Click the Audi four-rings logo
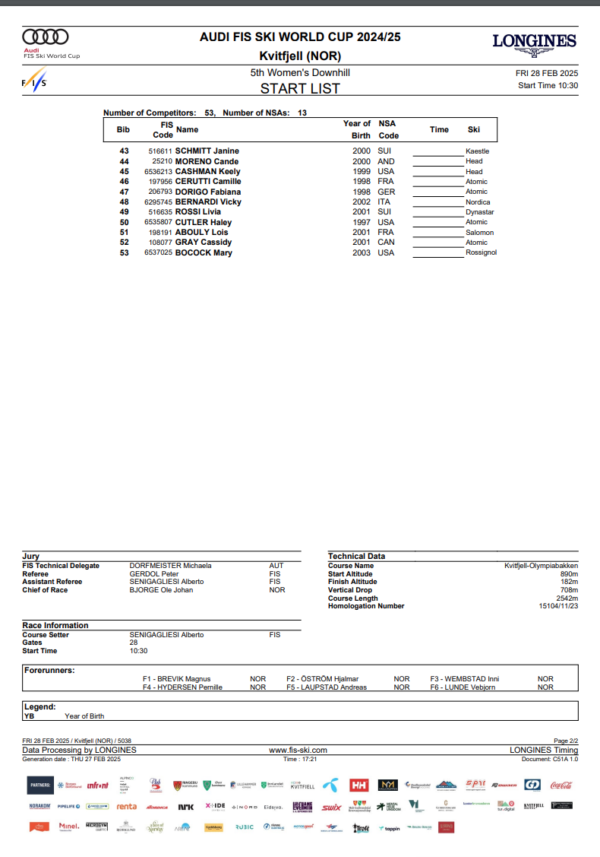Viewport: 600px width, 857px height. [46, 37]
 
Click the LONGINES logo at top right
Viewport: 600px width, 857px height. [534, 43]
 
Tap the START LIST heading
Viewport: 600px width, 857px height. [300, 88]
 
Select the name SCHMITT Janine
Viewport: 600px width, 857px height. [207, 151]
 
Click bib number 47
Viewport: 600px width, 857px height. [125, 192]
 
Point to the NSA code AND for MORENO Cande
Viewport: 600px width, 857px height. [386, 162]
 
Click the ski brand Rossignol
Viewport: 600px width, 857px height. [481, 252]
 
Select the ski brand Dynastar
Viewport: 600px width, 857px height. [479, 212]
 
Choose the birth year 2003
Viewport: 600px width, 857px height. [362, 252]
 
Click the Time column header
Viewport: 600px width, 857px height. [439, 129]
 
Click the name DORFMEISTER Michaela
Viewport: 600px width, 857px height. [170, 566]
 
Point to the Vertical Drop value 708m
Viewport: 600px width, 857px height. [569, 590]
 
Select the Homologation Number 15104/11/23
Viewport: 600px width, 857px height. [558, 606]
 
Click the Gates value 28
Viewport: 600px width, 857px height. [134, 643]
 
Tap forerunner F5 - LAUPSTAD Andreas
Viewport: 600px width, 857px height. [327, 687]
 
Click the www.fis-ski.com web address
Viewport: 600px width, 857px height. [298, 750]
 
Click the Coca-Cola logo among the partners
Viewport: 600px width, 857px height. [561, 785]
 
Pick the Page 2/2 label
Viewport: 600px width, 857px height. [566, 741]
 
